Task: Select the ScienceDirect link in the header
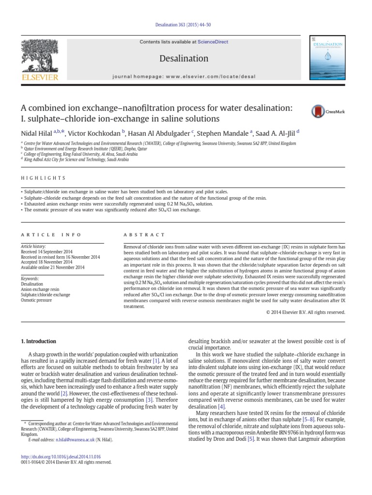(211, 42)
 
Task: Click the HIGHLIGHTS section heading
(43, 178)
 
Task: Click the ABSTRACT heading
(144, 234)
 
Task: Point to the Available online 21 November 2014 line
(53, 267)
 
